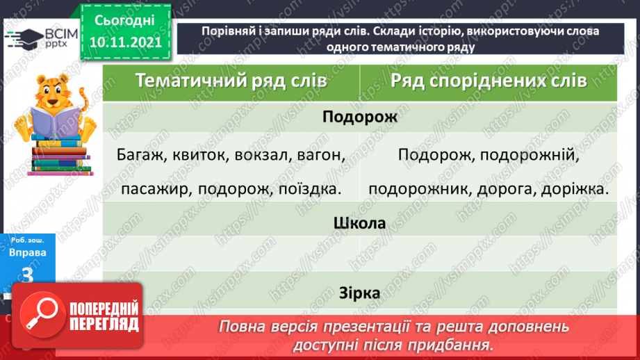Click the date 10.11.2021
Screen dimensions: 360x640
coord(125,42)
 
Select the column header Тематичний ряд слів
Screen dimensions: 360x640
coord(231,80)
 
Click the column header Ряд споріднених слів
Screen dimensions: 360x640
coord(489,80)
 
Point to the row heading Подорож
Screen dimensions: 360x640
coord(360,117)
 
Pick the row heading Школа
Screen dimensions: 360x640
coord(360,224)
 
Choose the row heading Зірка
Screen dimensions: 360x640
coord(360,293)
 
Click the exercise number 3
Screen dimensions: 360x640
coord(28,276)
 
